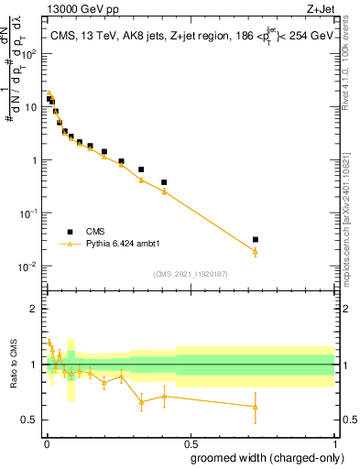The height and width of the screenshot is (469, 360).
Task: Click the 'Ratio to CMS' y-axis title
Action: click(14, 365)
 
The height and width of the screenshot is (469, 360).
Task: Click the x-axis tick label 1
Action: click(334, 442)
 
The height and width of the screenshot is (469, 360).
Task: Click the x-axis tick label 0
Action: click(46, 442)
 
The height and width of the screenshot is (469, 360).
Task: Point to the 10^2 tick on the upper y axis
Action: click(29, 53)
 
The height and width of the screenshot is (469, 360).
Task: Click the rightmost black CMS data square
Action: click(256, 239)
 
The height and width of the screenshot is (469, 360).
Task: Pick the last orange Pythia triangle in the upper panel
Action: click(256, 251)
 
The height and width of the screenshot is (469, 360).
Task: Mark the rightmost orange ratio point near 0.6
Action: click(256, 407)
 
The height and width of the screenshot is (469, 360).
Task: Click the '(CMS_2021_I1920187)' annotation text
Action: click(190, 274)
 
